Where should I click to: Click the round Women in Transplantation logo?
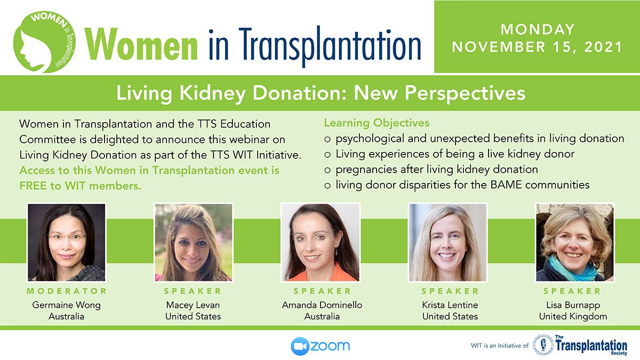[x=44, y=42]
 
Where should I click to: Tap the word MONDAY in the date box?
[x=538, y=29]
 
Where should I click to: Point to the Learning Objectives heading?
[x=377, y=123]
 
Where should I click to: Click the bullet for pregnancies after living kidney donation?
[x=327, y=170]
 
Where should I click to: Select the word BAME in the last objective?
[x=506, y=185]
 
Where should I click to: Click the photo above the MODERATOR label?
[x=66, y=242]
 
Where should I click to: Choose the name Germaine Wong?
[x=66, y=305]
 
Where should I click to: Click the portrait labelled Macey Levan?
[x=194, y=242]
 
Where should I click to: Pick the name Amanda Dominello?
[x=322, y=305]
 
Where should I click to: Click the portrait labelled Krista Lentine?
[x=447, y=242]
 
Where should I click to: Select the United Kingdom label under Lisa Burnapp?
[x=573, y=317]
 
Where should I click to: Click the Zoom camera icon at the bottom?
[x=300, y=346]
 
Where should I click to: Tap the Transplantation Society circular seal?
[x=543, y=345]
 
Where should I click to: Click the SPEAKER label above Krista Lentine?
[x=450, y=291]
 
